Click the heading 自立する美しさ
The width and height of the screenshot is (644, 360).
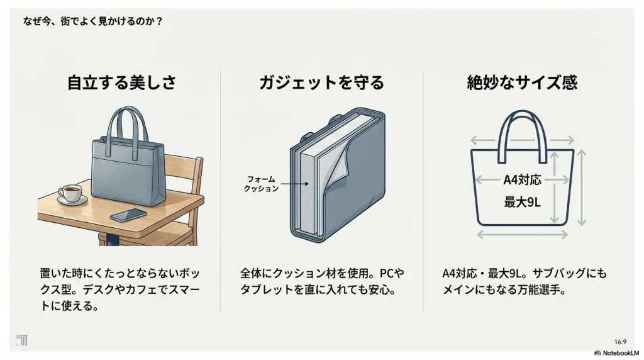point(121,82)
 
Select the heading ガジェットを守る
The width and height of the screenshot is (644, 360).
point(321,82)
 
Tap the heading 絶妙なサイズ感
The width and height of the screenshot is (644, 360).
point(522,82)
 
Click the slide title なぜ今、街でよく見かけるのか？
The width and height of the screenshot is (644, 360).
point(93,21)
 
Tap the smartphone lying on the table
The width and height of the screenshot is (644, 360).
point(128,215)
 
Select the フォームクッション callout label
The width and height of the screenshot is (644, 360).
point(261,184)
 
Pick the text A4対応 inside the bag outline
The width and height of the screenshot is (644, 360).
point(522,180)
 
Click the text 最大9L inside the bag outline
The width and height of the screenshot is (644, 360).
point(522,203)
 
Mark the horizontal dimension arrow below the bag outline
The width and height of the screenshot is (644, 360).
point(522,235)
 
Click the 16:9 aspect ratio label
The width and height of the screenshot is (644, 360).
point(619,341)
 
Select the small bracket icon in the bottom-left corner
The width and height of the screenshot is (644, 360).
point(21,340)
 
